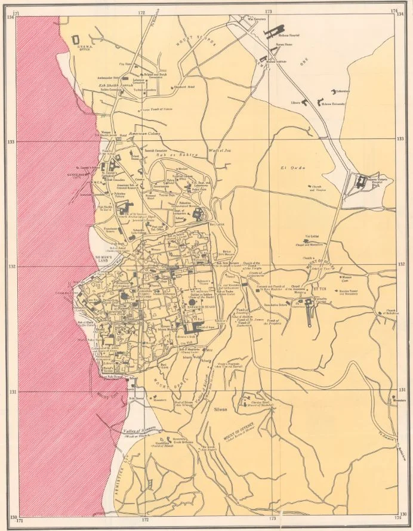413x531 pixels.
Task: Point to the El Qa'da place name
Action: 289,168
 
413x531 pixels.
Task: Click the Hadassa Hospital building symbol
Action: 274,31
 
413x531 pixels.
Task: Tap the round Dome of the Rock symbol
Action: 193,302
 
